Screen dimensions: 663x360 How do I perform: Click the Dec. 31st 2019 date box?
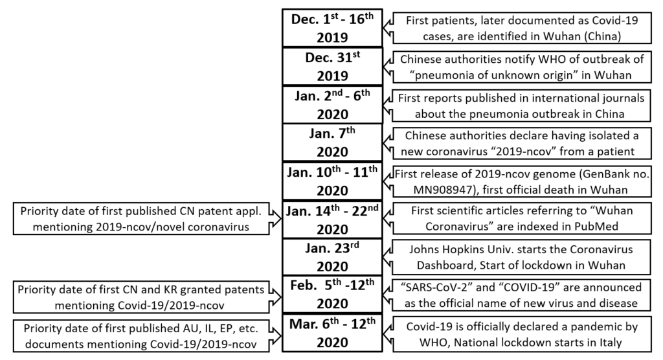(332, 67)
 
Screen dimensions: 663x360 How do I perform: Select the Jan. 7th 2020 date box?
(332, 142)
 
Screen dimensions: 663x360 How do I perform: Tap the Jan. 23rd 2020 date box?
(332, 257)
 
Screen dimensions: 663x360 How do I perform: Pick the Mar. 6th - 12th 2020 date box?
(332, 333)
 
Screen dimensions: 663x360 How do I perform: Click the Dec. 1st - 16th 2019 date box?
(332, 28)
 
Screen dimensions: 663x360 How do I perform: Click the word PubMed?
(596, 227)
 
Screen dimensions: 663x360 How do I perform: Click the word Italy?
(609, 343)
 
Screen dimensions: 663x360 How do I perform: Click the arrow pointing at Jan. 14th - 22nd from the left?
(275, 219)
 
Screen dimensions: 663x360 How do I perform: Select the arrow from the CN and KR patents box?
(275, 297)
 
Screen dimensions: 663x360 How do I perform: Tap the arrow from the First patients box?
(388, 28)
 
